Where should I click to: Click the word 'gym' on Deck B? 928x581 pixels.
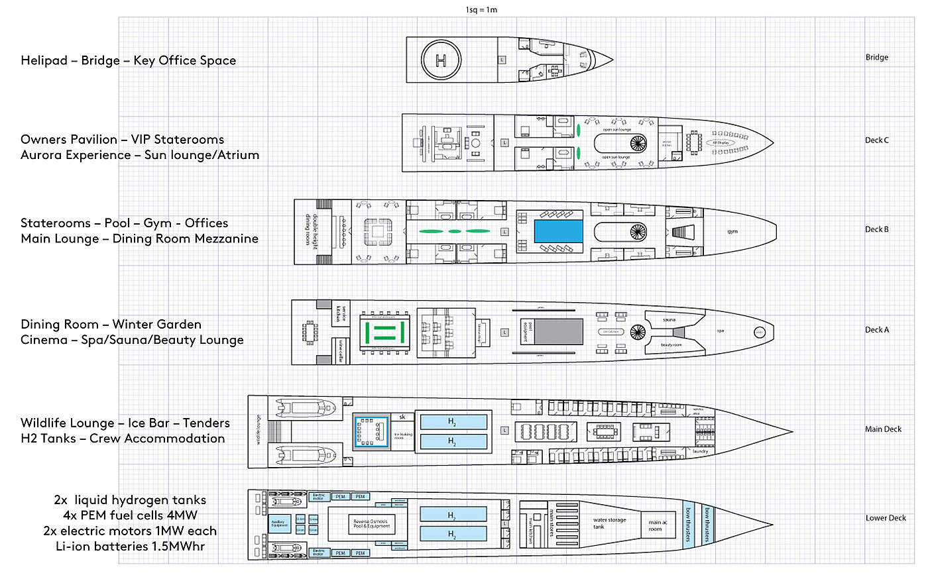point(732,232)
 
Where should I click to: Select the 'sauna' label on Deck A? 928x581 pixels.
point(669,319)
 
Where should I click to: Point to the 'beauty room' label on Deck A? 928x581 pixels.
point(671,344)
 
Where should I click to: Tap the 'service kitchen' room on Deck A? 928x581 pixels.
point(341,312)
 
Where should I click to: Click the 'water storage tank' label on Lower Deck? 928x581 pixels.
point(609,523)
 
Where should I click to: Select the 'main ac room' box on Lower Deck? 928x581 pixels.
point(655,525)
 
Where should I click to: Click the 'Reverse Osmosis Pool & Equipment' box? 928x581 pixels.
point(371,524)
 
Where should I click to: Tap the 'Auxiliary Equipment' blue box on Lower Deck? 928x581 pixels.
point(278,523)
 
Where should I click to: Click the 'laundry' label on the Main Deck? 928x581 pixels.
point(700,451)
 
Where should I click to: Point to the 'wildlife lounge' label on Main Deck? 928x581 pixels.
point(258,430)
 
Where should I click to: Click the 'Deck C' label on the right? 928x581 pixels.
point(876,140)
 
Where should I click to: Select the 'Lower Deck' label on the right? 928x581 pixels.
point(885,518)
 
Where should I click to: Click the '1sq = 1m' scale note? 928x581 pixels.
point(481,10)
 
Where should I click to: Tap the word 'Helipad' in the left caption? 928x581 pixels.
point(44,60)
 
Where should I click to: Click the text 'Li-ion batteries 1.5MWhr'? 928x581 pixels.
point(130,547)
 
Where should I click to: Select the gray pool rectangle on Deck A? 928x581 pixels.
point(558,331)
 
